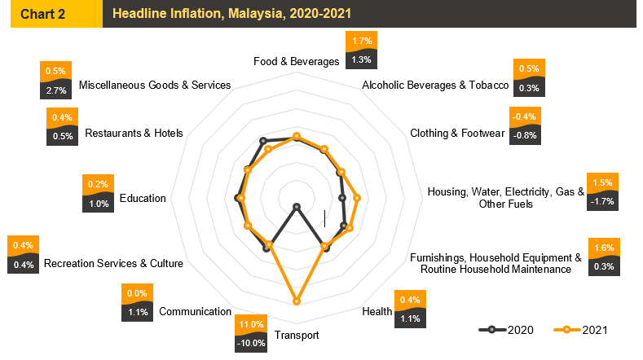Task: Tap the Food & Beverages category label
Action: point(296,61)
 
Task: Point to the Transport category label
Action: point(297,335)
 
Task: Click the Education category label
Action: point(143,198)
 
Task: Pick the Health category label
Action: point(377,311)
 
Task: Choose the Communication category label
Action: point(196,311)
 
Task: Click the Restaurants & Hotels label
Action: point(134,133)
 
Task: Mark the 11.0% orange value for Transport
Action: point(251,324)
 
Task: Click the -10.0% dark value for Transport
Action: point(251,343)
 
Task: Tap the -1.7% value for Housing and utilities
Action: point(603,200)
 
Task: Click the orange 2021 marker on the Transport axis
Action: point(297,301)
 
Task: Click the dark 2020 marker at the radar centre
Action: point(297,206)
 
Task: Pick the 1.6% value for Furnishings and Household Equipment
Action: point(605,248)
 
